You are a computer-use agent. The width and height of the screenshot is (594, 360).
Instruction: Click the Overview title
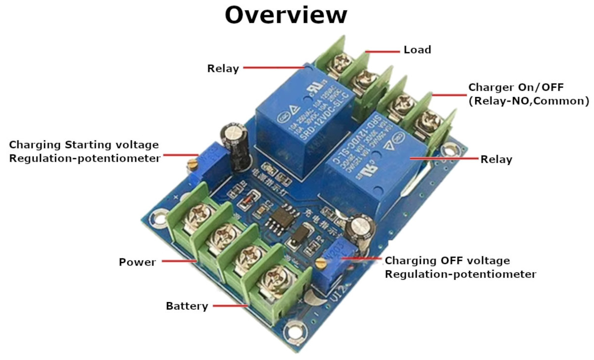click(x=286, y=15)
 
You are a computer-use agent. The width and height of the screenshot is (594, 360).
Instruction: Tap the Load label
click(x=417, y=50)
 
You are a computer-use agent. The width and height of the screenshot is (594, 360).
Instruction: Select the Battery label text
click(x=187, y=306)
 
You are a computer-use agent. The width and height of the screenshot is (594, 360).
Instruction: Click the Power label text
click(x=137, y=262)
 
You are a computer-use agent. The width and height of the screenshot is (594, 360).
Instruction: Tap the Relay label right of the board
click(x=496, y=159)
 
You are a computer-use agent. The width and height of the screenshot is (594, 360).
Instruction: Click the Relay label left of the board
click(x=223, y=69)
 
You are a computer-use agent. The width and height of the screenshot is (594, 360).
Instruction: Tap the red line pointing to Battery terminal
click(x=231, y=307)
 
